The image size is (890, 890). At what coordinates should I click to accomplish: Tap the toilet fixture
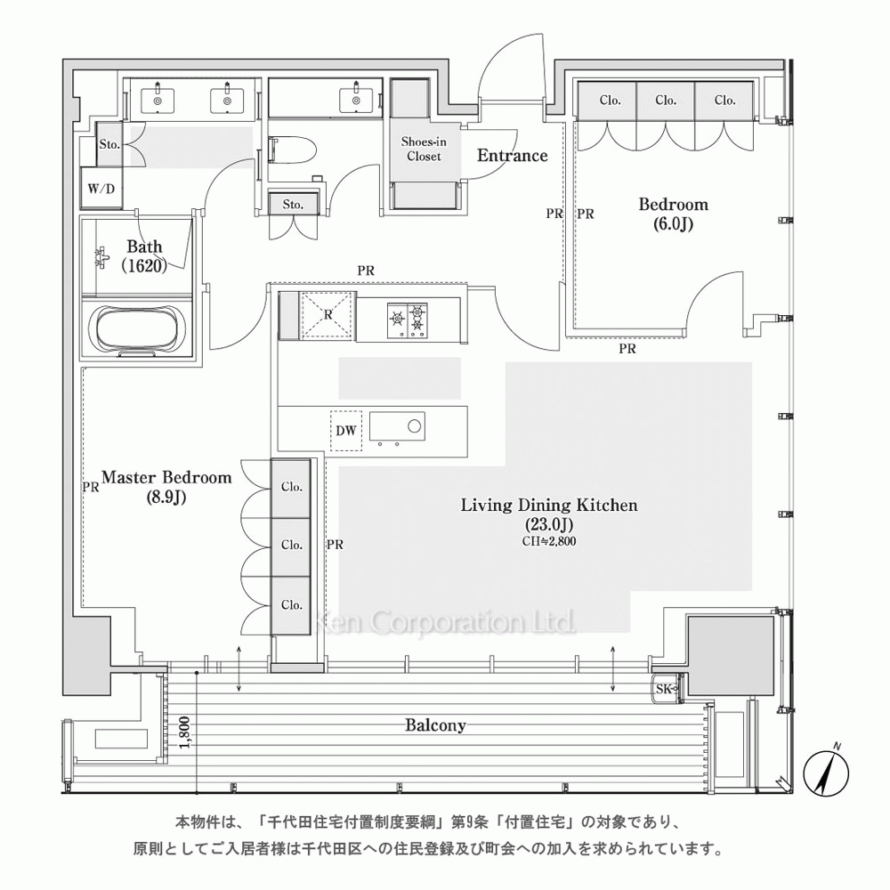[x=292, y=150]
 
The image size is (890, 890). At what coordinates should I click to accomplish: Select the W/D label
[x=101, y=189]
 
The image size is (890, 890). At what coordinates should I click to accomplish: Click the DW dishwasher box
[x=345, y=430]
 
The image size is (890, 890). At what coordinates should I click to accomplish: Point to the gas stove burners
[x=408, y=320]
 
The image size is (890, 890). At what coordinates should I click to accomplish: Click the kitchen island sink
[x=397, y=427]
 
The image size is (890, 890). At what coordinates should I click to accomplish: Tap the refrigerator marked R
[x=328, y=315]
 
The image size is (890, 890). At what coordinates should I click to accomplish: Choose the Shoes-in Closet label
[x=424, y=149]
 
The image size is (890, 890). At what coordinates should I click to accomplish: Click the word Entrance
[x=512, y=155]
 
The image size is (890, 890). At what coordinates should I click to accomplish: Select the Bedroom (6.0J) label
[x=673, y=214]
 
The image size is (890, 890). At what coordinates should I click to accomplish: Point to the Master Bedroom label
[x=166, y=487]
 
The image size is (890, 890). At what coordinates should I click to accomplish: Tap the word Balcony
[x=435, y=724]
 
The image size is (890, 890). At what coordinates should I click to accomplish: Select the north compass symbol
[x=827, y=771]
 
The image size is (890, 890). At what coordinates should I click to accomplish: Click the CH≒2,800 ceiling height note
[x=549, y=541]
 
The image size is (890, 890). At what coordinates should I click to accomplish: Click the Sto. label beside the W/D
[x=109, y=144]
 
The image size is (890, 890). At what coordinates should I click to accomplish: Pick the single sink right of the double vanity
[x=357, y=100]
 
